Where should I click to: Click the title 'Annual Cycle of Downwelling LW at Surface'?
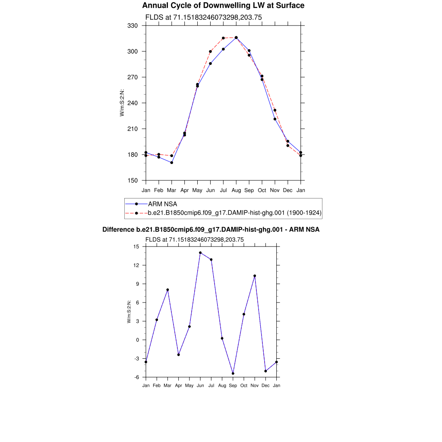[x=223, y=6]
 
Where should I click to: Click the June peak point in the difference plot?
[x=200, y=253]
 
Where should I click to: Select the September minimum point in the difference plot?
[x=233, y=373]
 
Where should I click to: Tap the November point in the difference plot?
[x=255, y=276]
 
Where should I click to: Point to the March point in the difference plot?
[x=167, y=290]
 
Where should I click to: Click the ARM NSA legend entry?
[x=162, y=204]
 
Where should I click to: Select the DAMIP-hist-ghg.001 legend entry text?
[x=234, y=213]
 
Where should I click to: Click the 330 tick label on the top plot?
[x=133, y=26]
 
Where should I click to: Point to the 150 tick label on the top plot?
[x=133, y=180]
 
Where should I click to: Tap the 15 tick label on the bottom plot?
[x=136, y=246]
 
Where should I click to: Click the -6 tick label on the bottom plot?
[x=136, y=377]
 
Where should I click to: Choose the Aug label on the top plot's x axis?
[x=236, y=190]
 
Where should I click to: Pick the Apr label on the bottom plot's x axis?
[x=178, y=385]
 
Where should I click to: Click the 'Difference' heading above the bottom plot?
[x=211, y=230]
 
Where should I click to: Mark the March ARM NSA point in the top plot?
[x=172, y=163]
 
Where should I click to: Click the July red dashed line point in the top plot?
[x=223, y=38]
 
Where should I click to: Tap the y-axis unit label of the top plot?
[x=122, y=103]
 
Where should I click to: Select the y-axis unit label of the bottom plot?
[x=129, y=312]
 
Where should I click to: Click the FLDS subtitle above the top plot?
[x=203, y=17]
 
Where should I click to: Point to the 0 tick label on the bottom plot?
[x=138, y=340]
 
